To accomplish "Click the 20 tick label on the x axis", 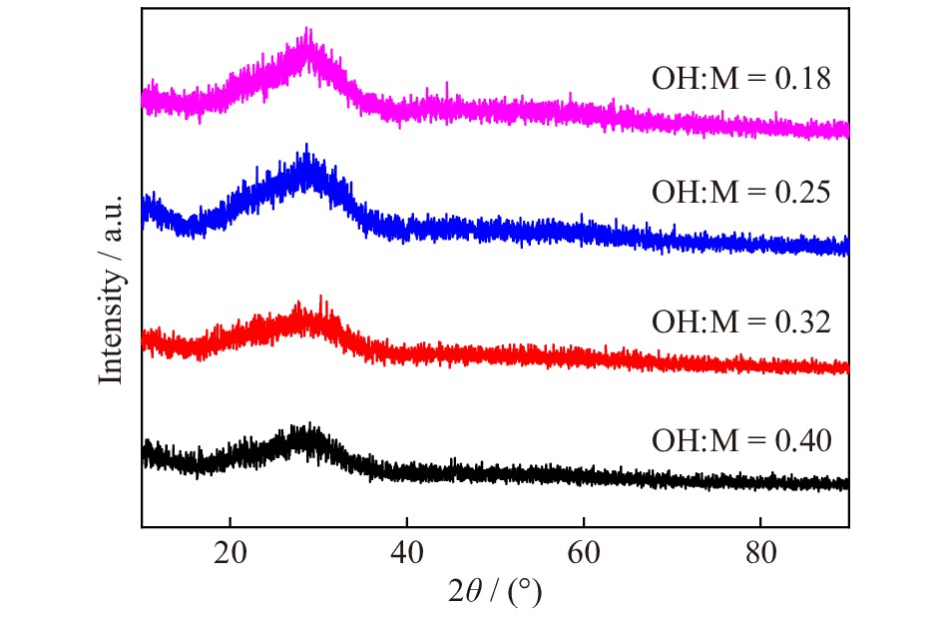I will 230,553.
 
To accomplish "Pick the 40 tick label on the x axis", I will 407,553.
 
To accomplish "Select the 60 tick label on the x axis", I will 584,553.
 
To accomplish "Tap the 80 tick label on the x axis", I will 760,553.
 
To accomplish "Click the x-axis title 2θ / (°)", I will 495,593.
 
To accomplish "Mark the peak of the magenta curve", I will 308,30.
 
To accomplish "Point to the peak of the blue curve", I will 306,146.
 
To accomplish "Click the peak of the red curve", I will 320,297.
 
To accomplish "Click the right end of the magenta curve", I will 848,130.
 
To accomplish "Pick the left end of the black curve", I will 143,454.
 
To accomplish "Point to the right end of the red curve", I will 848,367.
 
